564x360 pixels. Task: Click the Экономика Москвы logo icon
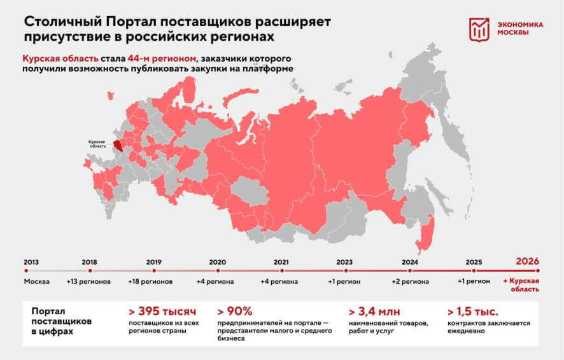pyautogui.click(x=480, y=29)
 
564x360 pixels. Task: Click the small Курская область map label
pyautogui.click(x=97, y=144)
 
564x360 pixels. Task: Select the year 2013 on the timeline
pyautogui.click(x=31, y=261)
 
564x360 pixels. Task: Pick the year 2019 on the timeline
pyautogui.click(x=153, y=261)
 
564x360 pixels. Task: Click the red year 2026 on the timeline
pyautogui.click(x=528, y=261)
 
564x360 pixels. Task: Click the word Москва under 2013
pyautogui.click(x=36, y=281)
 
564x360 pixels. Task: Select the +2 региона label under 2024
pyautogui.click(x=409, y=281)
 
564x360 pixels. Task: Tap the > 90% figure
pyautogui.click(x=235, y=312)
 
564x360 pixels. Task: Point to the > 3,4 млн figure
pyautogui.click(x=374, y=312)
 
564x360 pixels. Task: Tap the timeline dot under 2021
pyautogui.click(x=281, y=271)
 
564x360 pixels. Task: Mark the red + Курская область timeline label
pyautogui.click(x=521, y=285)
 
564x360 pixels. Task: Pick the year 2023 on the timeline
pyautogui.click(x=344, y=261)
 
